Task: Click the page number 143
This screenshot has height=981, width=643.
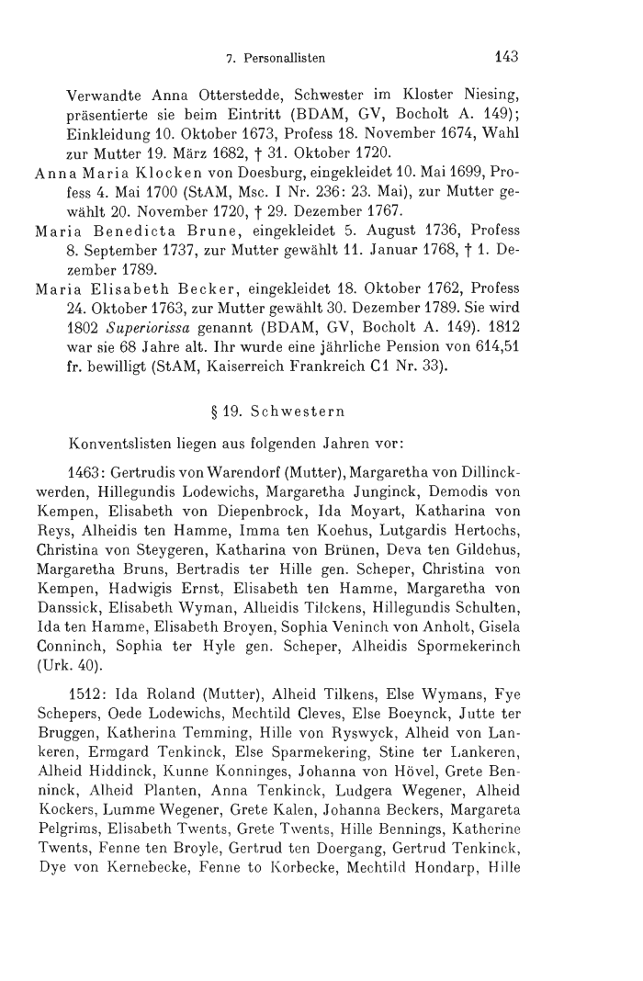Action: click(506, 56)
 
